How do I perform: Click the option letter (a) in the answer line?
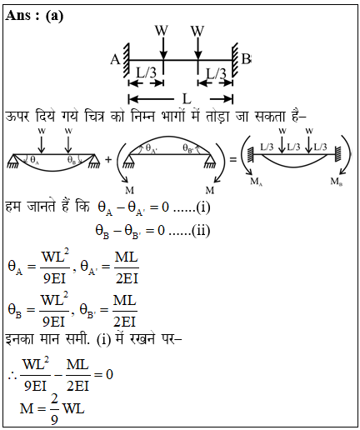[54, 16]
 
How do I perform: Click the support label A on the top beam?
[115, 59]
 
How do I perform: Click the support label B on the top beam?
[246, 59]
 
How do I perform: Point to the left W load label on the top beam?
[162, 30]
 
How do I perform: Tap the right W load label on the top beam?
[197, 30]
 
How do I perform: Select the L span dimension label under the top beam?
[187, 98]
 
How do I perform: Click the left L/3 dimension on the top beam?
[146, 72]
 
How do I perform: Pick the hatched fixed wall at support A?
[126, 60]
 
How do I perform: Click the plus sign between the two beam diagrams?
[108, 159]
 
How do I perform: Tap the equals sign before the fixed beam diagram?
[232, 159]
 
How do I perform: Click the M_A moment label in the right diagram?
[256, 182]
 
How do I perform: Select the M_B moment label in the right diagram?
[336, 182]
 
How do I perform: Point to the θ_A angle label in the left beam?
[34, 160]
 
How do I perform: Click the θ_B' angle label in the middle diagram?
[187, 148]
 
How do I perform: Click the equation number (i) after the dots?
[203, 207]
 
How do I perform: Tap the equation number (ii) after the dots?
[201, 231]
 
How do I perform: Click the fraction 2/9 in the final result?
[54, 409]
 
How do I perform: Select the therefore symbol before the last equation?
[12, 375]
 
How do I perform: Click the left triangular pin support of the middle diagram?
[127, 161]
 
